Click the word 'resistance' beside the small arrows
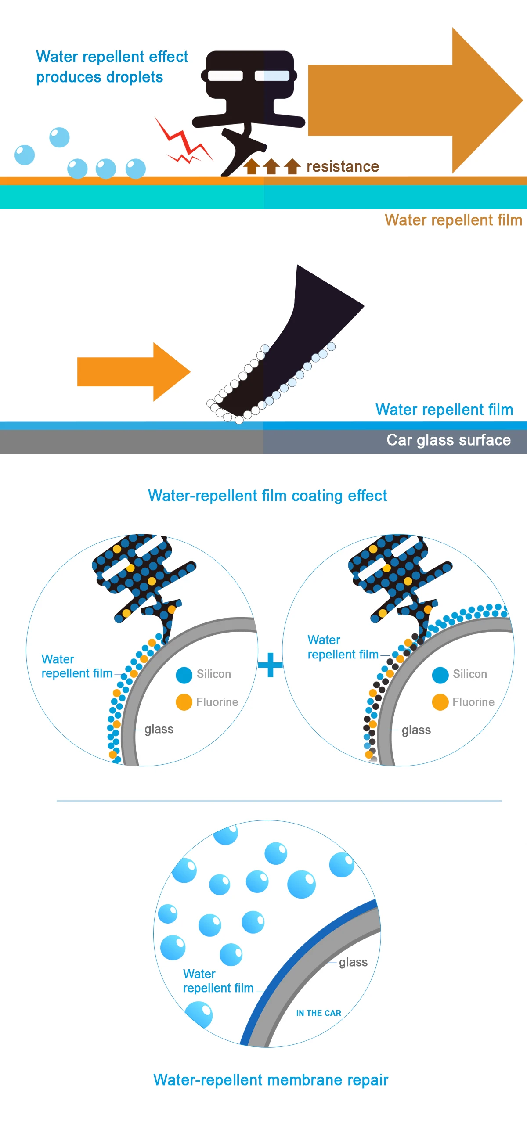(x=342, y=166)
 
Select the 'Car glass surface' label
(x=448, y=440)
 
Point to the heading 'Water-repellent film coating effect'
(x=267, y=496)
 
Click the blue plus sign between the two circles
(x=270, y=665)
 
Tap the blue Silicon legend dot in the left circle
(x=184, y=674)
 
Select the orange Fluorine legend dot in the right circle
(x=440, y=702)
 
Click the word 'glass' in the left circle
(x=159, y=729)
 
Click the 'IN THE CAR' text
(x=318, y=1013)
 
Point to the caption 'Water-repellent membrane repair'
(x=271, y=1080)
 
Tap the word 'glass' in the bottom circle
(x=353, y=962)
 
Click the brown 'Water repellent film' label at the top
(x=453, y=220)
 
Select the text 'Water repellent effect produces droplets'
(x=112, y=67)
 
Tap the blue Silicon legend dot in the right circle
(x=440, y=674)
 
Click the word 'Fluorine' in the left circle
(x=217, y=702)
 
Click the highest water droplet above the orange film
(x=59, y=137)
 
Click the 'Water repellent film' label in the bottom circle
(x=218, y=981)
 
